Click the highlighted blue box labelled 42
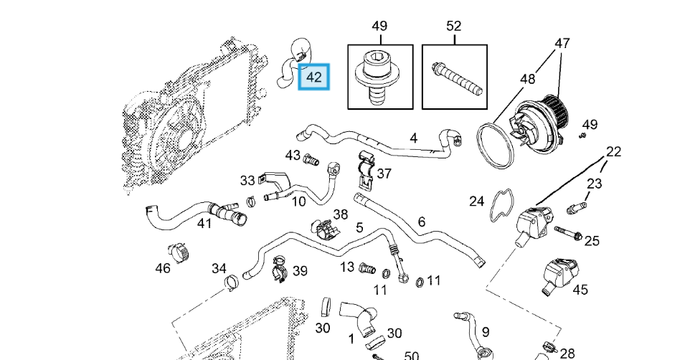pos(313,77)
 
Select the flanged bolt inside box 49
pos(374,77)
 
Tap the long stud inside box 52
pos(457,79)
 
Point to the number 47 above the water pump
pos(562,43)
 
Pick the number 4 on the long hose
pos(413,138)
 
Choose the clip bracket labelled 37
pos(366,169)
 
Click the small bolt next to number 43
pos(311,160)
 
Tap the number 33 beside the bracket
pos(247,180)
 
